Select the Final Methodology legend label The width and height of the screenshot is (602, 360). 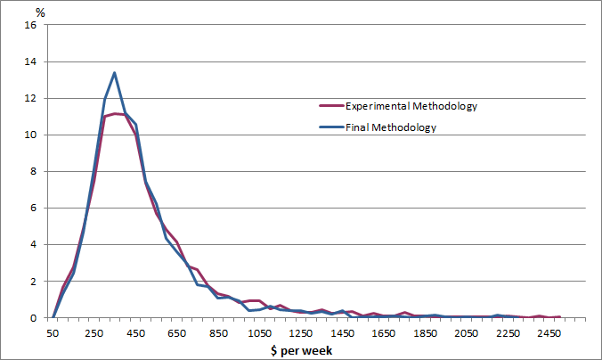pos(391,127)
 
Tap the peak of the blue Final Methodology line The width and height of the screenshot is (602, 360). pos(114,73)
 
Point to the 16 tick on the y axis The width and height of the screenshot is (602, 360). pos(30,25)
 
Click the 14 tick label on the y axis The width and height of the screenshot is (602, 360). pos(30,61)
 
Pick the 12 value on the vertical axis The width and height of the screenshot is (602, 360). pos(30,98)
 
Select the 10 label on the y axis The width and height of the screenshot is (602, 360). pos(30,135)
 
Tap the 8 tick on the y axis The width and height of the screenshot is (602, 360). pos(33,171)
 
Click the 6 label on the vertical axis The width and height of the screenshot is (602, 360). pos(33,208)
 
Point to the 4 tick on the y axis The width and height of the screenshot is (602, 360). pos(33,244)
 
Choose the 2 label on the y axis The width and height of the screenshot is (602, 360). pos(33,281)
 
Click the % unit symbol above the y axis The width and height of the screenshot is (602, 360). pos(40,12)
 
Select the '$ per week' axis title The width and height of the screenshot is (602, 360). pos(302,350)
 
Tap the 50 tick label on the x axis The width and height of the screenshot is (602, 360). pos(53,332)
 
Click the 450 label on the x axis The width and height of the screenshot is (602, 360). pos(135,332)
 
